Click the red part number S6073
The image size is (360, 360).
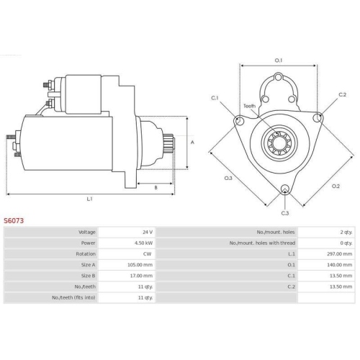point(14,220)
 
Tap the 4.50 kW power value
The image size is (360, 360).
point(143,243)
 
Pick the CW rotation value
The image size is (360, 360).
point(148,254)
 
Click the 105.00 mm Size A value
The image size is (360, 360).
point(140,265)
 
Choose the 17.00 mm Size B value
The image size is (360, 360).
point(141,276)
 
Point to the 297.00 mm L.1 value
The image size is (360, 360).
point(340,254)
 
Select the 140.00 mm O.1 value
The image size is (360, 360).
point(340,265)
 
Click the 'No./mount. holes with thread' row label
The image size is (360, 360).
point(262,243)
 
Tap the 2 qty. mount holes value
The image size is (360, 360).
point(346,232)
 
